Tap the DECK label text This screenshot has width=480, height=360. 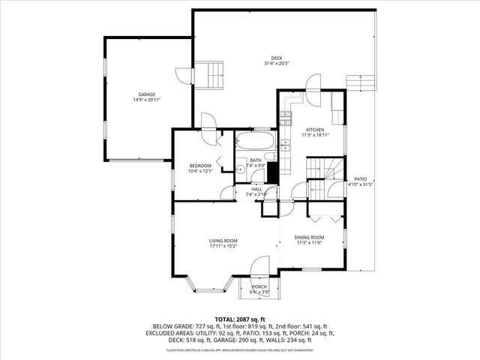click(x=276, y=58)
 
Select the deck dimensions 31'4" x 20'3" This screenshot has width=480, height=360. click(x=276, y=64)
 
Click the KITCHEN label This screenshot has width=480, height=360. click(x=314, y=130)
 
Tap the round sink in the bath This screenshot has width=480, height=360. click(x=241, y=169)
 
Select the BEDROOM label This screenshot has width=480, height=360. click(x=200, y=165)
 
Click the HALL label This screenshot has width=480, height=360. click(x=256, y=189)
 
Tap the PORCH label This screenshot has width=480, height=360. click(x=259, y=286)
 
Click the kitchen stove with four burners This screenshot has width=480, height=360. click(x=285, y=116)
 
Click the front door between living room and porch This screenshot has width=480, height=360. click(x=259, y=266)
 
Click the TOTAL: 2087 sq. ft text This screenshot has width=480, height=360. click(x=239, y=319)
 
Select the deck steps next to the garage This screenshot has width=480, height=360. click(x=210, y=75)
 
